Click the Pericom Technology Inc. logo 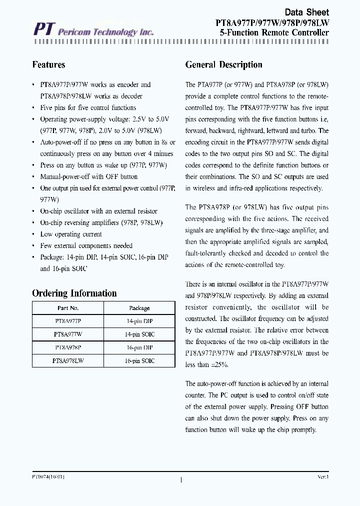coord(93,31)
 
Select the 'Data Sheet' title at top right coord(306,12)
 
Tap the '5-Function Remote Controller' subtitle coord(274,32)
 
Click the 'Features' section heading coord(48,64)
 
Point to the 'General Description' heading coord(223,64)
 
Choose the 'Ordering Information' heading coord(74,293)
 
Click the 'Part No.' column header coord(68,308)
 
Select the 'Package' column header coord(139,308)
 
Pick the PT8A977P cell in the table coord(68,321)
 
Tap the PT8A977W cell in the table coord(68,334)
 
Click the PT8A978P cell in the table coord(68,347)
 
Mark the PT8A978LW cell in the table coord(68,360)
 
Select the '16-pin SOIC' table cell coord(139,360)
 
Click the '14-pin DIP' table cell coord(139,321)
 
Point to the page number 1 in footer coord(180,480)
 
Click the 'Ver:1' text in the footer coord(322,477)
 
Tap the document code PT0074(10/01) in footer coord(48,477)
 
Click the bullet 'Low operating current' coord(70,234)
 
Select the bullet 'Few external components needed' coord(86,245)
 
